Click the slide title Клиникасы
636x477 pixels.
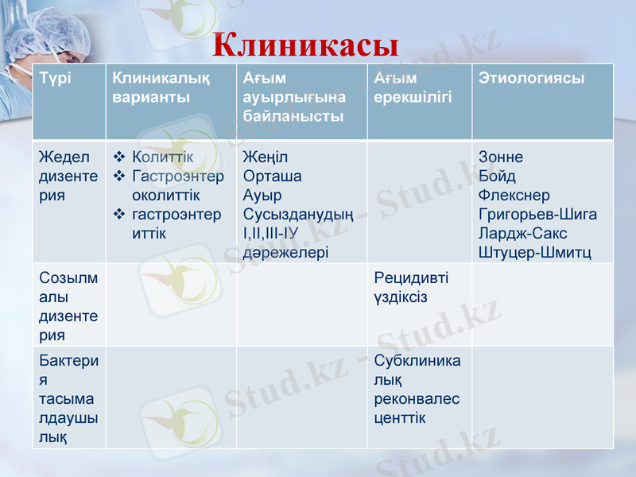pos(306,45)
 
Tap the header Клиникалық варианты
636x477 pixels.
pos(161,88)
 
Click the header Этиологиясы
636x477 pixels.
pos(532,79)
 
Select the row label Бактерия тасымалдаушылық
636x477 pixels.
pos(68,398)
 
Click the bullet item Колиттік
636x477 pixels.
pos(162,157)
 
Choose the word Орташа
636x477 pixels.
pos(273,176)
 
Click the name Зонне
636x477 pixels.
pos(501,157)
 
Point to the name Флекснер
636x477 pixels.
pos(514,195)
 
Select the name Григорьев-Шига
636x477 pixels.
pos(537,214)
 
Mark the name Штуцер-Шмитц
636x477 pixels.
pos(534,252)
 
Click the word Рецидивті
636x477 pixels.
pos(411,278)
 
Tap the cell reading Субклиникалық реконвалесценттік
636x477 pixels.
pos(417,389)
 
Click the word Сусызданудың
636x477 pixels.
pos(298,214)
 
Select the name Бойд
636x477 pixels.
pos(498,176)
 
